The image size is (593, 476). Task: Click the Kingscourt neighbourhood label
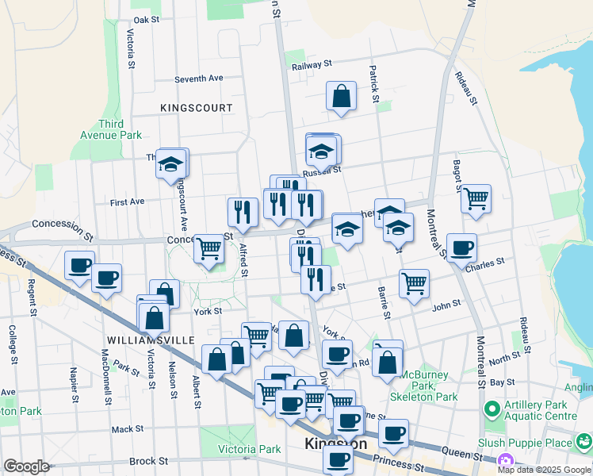tap(196, 107)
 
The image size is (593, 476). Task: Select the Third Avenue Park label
tap(110, 129)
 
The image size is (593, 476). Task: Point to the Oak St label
tap(147, 19)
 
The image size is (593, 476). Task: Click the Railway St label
tap(312, 66)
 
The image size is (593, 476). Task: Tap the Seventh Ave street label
tap(199, 79)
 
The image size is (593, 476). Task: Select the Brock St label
tap(149, 461)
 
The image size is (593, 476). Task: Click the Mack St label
tap(127, 429)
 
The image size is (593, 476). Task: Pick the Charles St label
tap(485, 263)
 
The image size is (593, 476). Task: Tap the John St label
tap(446, 303)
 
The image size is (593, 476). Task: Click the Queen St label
tap(457, 451)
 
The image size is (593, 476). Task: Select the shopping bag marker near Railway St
tap(340, 97)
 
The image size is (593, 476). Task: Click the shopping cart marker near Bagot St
tap(476, 198)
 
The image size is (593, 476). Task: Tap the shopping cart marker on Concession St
tap(209, 248)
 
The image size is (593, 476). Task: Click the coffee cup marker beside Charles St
tap(461, 248)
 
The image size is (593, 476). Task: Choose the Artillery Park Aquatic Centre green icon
tap(492, 409)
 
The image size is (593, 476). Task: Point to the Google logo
tap(26, 466)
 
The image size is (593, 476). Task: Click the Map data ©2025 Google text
tap(543, 470)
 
